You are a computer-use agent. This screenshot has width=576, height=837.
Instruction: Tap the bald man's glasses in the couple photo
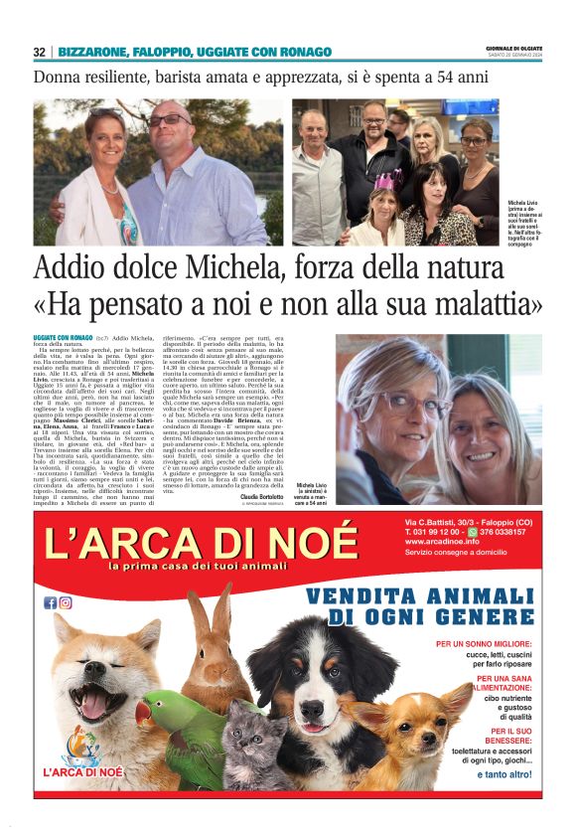click(170, 120)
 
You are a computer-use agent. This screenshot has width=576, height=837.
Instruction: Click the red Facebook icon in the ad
click(50, 602)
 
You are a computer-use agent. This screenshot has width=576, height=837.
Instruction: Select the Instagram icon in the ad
click(65, 602)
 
